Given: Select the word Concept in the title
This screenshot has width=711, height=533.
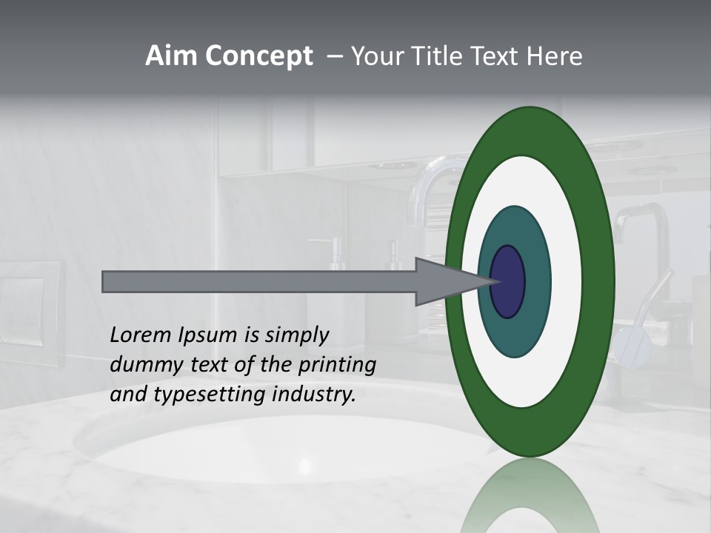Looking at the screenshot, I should coord(258,56).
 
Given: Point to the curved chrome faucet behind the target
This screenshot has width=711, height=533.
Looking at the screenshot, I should coord(430,185).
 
